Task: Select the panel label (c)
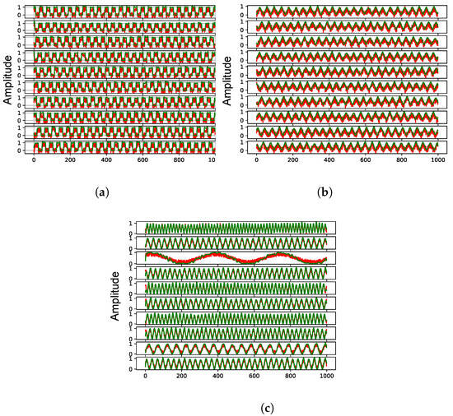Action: (225, 405)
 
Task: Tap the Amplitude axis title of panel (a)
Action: (7, 78)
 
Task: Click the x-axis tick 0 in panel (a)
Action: (34, 162)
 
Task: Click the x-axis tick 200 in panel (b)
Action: (293, 162)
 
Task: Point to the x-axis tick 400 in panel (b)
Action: (329, 162)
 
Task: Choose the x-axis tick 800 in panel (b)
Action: (402, 162)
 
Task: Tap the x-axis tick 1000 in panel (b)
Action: (437, 162)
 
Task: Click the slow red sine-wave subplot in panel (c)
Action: (236, 257)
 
